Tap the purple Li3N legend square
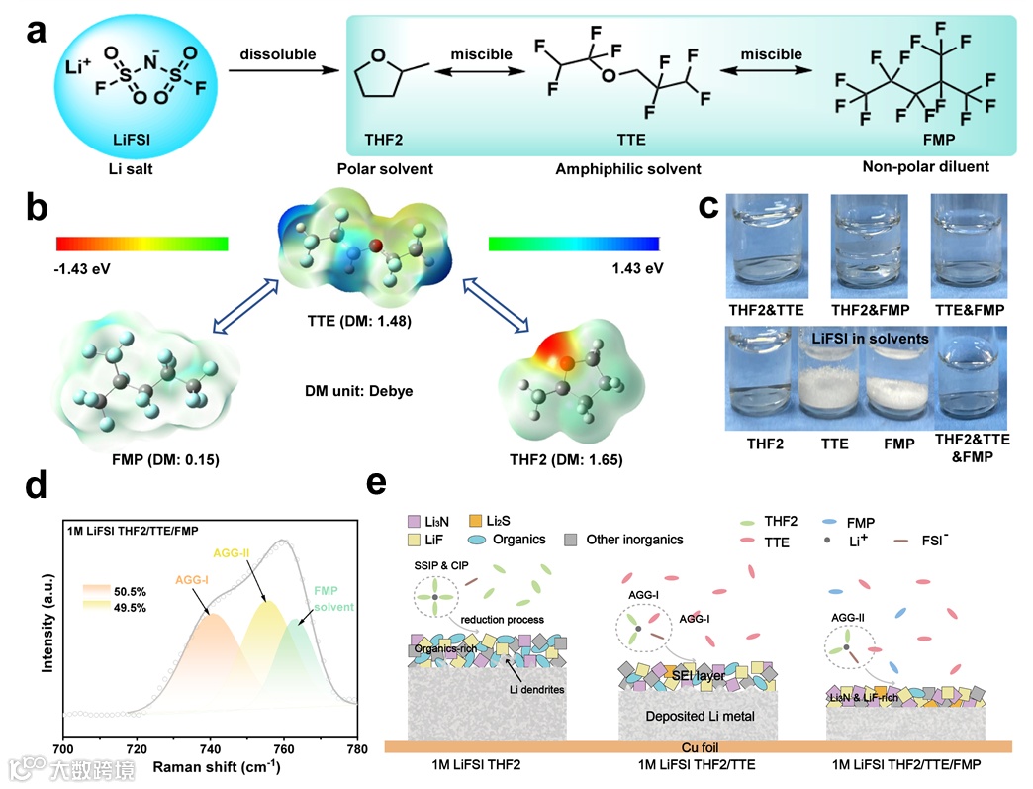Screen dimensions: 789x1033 414,521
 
